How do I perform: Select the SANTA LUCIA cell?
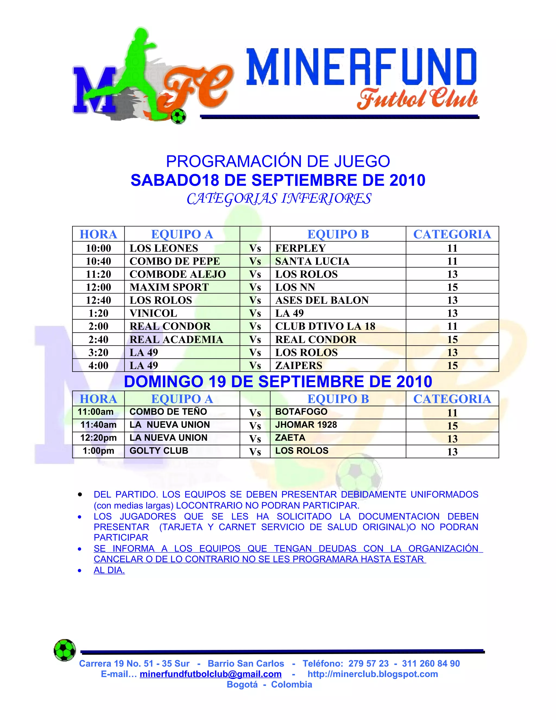[x=312, y=261]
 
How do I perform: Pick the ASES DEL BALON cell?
[x=322, y=300]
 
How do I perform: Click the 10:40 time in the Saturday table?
[x=99, y=261]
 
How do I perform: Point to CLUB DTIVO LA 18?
[x=325, y=326]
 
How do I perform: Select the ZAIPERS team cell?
[x=299, y=365]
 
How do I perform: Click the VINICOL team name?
[x=153, y=313]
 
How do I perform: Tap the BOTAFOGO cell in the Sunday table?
[x=301, y=412]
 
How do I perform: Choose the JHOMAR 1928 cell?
[x=306, y=425]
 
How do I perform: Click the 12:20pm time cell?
[x=99, y=438]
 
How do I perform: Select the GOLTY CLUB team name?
[x=159, y=451]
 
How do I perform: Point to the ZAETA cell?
[x=290, y=438]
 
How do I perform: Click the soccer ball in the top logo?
[x=179, y=116]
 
